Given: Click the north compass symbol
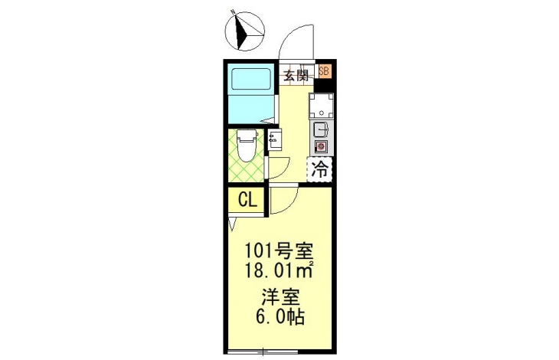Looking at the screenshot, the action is click(x=245, y=31).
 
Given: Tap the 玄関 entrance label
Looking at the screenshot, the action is click(x=296, y=76).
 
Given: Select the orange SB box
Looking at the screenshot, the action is click(x=325, y=70).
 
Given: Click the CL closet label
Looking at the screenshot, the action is click(x=247, y=201).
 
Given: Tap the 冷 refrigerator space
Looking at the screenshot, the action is click(x=320, y=169).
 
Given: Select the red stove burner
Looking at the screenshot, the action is click(x=321, y=146).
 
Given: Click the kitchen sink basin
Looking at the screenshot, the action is click(x=321, y=129).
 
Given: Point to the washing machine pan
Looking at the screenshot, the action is click(x=321, y=106).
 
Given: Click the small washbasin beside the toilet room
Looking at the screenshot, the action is click(x=274, y=139).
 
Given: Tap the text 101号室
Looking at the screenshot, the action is click(x=279, y=252).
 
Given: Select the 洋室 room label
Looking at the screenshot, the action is click(x=280, y=297).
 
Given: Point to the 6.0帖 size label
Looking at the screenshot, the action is click(x=279, y=316).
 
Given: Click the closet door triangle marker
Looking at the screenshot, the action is click(x=233, y=224).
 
